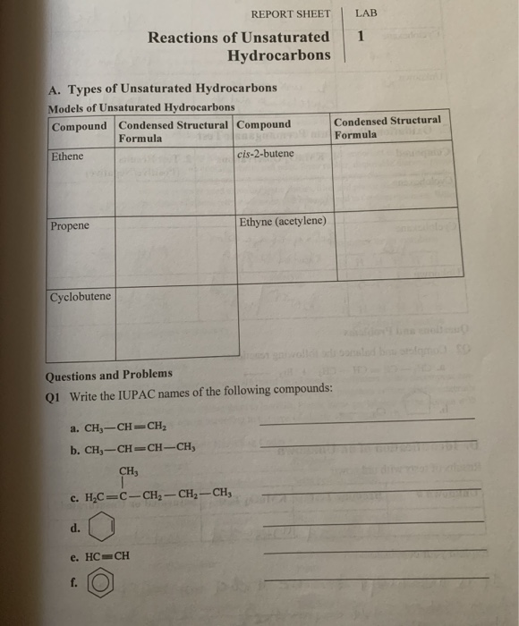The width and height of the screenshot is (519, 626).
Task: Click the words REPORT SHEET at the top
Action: [290, 13]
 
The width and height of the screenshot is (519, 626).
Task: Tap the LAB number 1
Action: [360, 38]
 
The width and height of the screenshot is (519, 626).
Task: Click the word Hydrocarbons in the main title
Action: [278, 55]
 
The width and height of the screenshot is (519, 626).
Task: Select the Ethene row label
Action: [68, 155]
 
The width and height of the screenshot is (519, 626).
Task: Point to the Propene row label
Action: [70, 226]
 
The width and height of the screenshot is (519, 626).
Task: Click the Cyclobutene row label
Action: [81, 296]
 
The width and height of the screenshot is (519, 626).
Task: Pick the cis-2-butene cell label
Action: [266, 154]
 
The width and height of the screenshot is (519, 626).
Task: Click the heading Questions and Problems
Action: [109, 374]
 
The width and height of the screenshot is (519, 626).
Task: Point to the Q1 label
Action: [52, 391]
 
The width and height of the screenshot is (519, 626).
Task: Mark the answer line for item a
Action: [367, 421]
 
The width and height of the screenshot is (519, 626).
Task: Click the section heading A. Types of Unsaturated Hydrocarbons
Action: [161, 89]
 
